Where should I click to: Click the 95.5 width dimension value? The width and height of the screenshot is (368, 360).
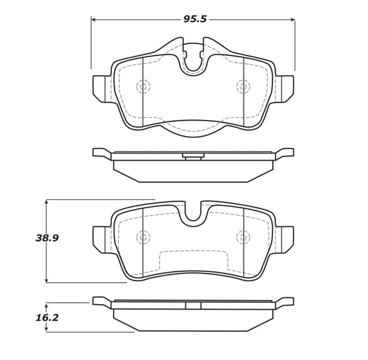(195, 19)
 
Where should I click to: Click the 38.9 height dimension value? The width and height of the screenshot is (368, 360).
(47, 238)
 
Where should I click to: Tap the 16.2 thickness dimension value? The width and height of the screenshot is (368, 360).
(47, 318)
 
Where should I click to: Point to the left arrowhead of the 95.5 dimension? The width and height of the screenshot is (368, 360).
(93, 20)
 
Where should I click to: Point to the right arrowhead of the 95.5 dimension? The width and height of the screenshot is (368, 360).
(293, 20)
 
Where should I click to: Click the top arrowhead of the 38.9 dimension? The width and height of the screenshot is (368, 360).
(47, 202)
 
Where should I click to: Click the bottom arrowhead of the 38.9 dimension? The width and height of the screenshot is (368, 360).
(47, 280)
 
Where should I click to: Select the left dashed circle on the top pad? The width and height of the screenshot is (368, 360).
(143, 86)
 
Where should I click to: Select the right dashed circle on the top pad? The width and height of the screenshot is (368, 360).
(244, 86)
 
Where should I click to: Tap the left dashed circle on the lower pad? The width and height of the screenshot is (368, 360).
(143, 237)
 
